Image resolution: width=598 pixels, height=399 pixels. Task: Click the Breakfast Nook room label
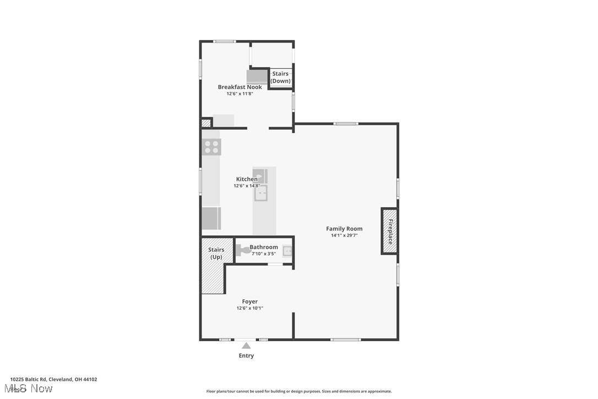(240, 87)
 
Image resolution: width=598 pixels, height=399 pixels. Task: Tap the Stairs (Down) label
(280, 77)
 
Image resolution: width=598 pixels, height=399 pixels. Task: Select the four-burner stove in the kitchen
(212, 147)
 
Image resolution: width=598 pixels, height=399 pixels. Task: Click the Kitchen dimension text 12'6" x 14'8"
(246, 186)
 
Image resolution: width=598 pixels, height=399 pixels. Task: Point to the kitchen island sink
(260, 193)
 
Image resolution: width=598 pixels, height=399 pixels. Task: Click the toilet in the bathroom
(243, 251)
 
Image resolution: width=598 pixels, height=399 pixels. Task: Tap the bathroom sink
(287, 251)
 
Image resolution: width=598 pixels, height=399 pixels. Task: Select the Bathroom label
(264, 247)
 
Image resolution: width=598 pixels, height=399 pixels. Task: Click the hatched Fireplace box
(390, 231)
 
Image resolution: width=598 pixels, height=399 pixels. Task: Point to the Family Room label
(344, 229)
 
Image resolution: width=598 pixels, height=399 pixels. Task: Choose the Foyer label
(249, 301)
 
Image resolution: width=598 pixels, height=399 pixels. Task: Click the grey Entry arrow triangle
(246, 346)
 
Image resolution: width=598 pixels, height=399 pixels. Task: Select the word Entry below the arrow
(246, 356)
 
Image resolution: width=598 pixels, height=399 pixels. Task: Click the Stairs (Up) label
(216, 254)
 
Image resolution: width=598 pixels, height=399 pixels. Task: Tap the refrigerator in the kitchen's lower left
(211, 218)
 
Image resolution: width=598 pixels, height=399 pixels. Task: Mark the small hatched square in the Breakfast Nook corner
(206, 123)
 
